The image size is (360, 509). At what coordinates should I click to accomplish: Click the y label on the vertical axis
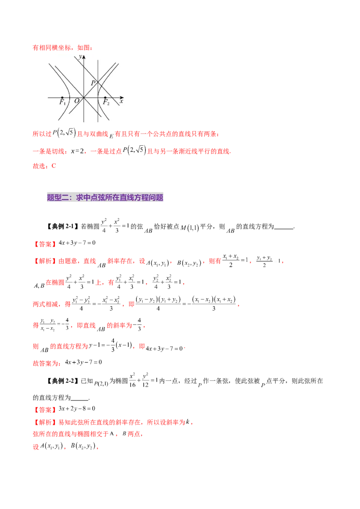click(80, 57)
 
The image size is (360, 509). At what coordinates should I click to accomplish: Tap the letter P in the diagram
click(93, 83)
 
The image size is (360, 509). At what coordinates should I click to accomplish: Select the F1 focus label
click(63, 103)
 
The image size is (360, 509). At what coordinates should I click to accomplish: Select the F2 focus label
click(106, 103)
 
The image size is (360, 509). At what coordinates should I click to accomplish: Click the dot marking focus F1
click(62, 97)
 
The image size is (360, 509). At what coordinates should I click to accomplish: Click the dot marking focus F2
click(105, 97)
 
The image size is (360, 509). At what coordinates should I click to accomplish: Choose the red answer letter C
click(54, 165)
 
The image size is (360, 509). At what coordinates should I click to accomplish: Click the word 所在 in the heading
click(112, 197)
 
